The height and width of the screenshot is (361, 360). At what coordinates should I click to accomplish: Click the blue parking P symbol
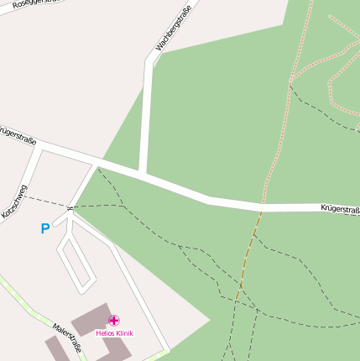tap(44, 228)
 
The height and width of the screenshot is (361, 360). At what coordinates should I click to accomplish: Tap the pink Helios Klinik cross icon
tap(114, 320)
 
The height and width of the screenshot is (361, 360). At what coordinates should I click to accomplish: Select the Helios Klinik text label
tap(114, 333)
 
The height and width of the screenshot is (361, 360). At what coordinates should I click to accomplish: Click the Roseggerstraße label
tap(23, 4)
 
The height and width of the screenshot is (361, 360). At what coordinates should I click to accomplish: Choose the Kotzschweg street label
tap(14, 201)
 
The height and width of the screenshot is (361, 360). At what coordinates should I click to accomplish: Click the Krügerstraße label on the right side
tap(339, 208)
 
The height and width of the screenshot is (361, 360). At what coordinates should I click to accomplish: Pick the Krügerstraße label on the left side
tap(17, 136)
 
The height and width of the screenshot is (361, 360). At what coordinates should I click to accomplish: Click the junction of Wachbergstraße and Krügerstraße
tap(143, 175)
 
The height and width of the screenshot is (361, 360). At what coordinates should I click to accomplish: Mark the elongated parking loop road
tap(76, 260)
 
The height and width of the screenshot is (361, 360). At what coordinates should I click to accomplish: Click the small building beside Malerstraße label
tap(55, 348)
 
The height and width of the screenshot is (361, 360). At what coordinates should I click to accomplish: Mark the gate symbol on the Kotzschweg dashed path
tap(70, 207)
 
